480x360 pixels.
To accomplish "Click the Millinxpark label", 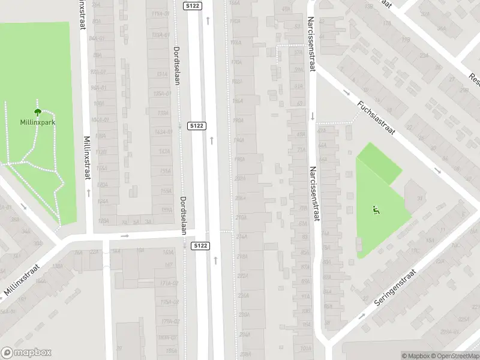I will tap(37, 122).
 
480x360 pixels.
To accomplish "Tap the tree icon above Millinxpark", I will tap(37, 112).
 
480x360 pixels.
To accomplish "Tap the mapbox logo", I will tap(26, 353).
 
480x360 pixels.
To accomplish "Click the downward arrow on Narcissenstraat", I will tap(313, 116).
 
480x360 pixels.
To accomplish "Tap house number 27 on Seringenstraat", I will tap(364, 298).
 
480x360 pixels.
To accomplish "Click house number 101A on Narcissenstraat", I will tap(305, 348).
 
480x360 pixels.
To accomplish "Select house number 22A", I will tap(94, 252).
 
